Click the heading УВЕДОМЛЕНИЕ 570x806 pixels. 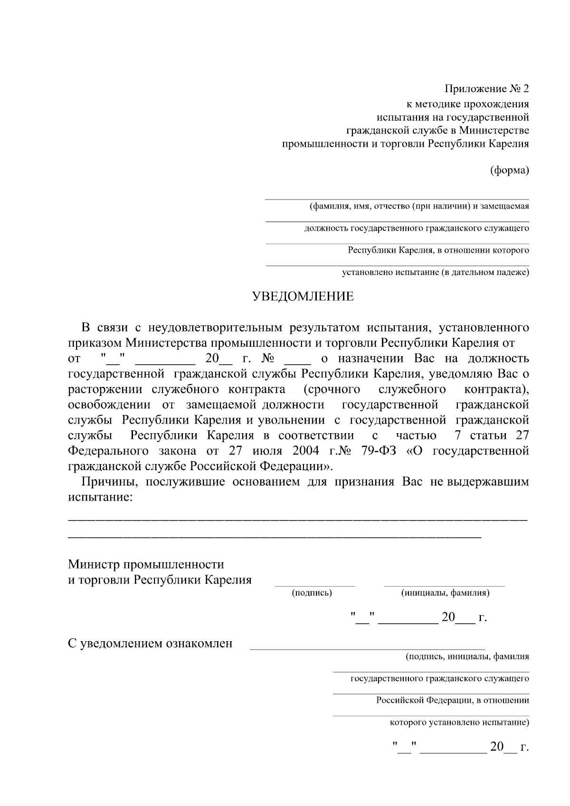tap(303, 297)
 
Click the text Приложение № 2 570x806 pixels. tap(486, 89)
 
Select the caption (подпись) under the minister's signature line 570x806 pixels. tap(312, 593)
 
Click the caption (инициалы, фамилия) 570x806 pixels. tap(445, 593)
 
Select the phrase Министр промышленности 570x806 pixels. tap(146, 564)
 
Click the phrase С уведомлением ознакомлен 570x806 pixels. tap(151, 644)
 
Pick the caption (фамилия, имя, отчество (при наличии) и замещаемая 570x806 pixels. tap(419, 207)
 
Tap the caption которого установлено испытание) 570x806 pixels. tap(459, 723)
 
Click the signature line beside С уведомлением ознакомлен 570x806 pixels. tap(367, 648)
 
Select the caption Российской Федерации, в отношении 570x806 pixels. tap(453, 701)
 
